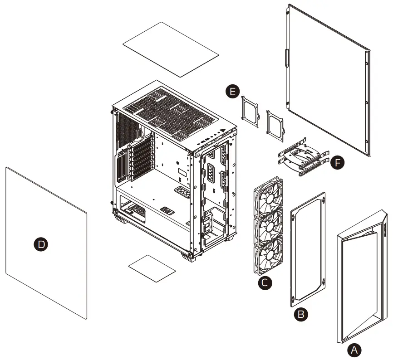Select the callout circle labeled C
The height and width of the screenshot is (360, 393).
265,283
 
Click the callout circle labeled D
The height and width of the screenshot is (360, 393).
41,244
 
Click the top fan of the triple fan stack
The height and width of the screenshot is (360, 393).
268,196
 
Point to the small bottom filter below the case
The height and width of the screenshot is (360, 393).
152,267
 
